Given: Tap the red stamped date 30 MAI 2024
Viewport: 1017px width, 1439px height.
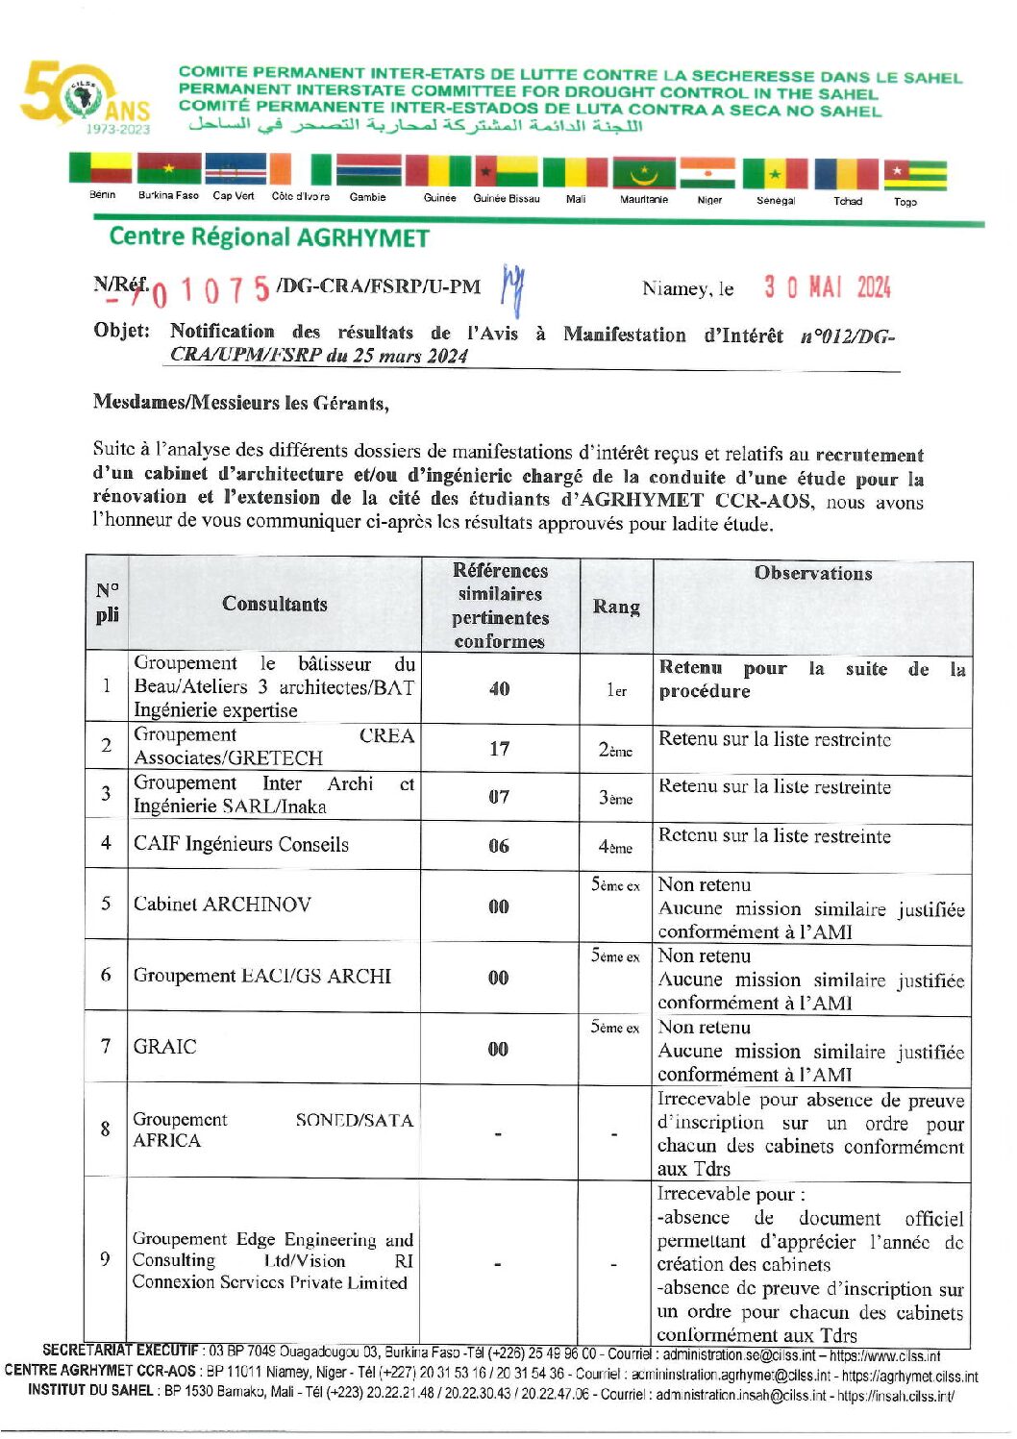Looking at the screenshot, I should coord(827,287).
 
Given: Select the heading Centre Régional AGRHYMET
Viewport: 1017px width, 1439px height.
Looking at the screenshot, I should coord(269,237).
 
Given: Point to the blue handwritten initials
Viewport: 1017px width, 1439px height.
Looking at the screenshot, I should coord(513,286).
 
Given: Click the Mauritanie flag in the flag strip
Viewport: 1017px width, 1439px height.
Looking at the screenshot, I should coord(644,174).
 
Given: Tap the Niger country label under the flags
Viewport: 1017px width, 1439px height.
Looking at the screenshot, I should coord(709,200).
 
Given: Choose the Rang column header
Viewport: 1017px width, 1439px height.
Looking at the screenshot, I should coord(616,607).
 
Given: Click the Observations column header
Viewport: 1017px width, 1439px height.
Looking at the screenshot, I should coord(812,573).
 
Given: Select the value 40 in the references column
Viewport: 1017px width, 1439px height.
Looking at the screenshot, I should coord(499,688).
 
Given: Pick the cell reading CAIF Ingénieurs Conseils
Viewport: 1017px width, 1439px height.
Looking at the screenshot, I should coord(241,844).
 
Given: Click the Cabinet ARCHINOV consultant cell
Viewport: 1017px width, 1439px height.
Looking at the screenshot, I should coord(222,904).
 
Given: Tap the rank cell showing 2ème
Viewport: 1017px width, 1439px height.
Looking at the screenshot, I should coord(615,750).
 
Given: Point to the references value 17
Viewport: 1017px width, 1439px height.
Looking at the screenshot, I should coord(499,748).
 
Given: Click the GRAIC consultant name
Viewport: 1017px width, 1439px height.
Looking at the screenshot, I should coord(165,1046).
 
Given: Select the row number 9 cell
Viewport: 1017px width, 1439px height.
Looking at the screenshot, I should coord(106,1259).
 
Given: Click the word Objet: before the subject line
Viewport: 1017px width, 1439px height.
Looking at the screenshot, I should coord(122,331).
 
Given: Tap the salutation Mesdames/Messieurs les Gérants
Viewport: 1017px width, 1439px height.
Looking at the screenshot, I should coord(241,403).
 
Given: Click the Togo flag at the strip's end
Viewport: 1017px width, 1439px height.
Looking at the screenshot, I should coord(915,174).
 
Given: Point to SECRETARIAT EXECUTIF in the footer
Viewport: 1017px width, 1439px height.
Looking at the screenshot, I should coord(120,1351).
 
